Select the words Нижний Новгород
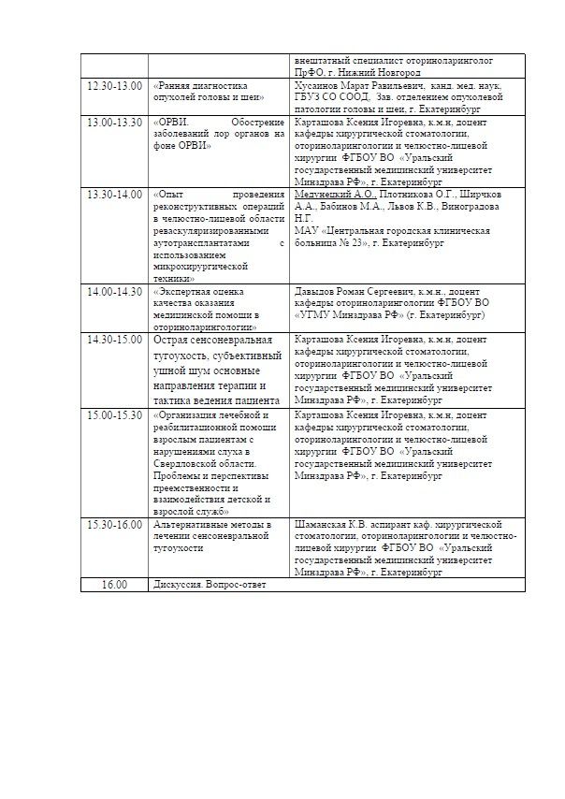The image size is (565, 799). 384,72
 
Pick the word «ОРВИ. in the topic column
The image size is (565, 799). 171,122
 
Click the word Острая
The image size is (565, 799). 174,339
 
